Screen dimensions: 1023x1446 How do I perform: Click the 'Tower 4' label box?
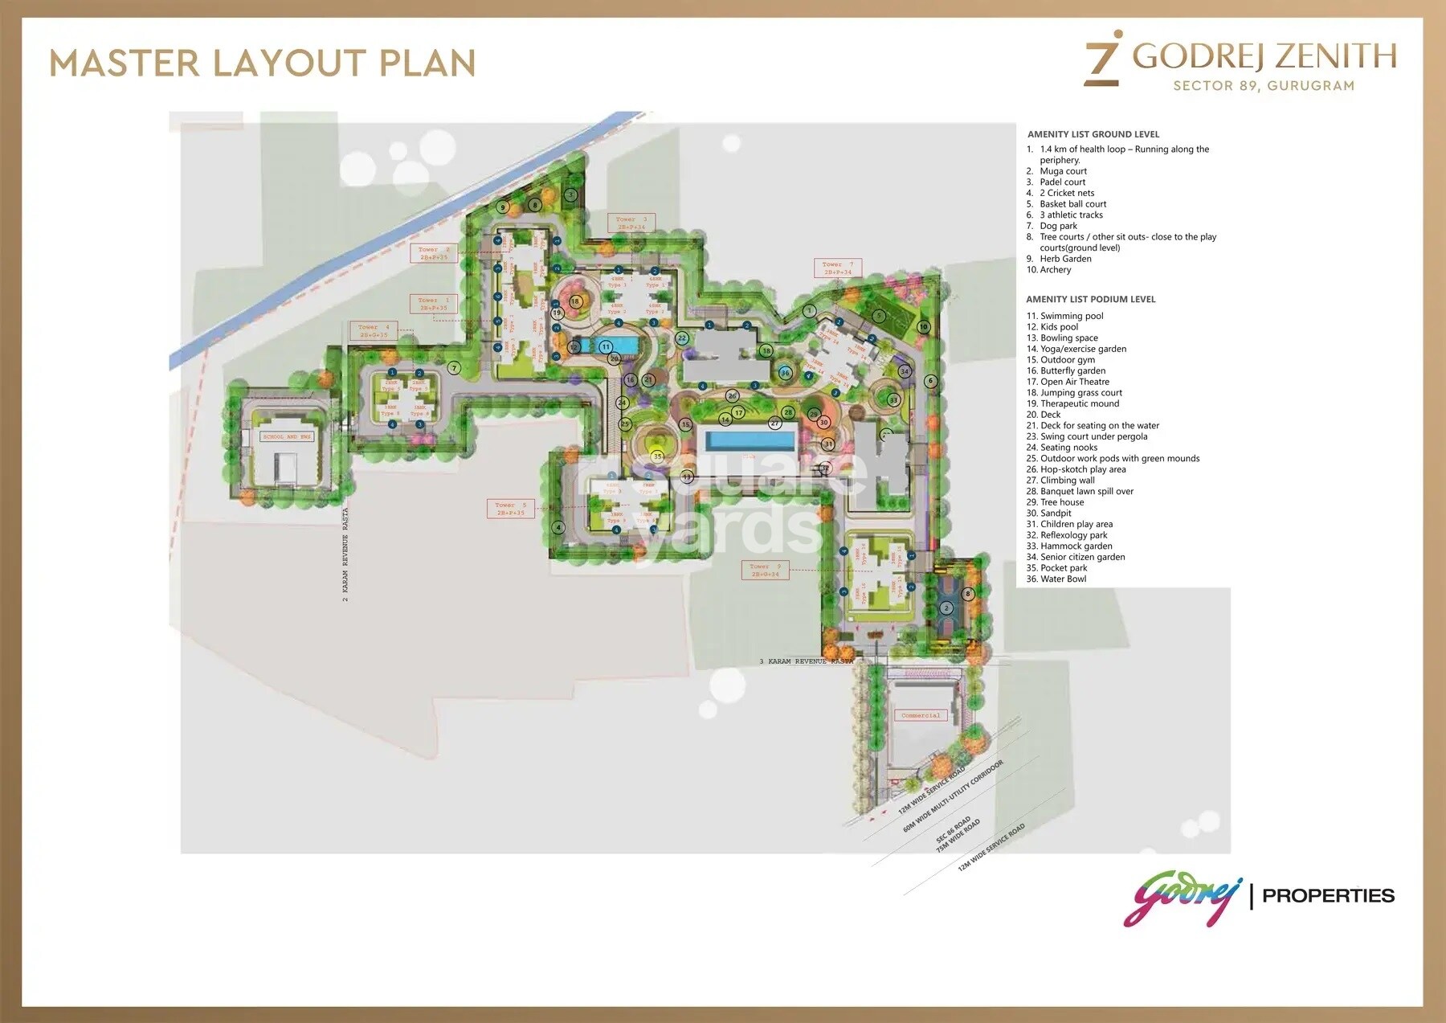[x=374, y=331]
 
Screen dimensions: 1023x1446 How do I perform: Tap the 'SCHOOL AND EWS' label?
[x=287, y=436]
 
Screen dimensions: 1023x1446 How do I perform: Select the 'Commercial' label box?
[x=921, y=715]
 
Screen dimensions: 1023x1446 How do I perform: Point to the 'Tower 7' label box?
[x=838, y=268]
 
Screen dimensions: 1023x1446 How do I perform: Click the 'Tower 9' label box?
[x=765, y=571]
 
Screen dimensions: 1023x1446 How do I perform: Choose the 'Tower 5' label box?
[x=511, y=509]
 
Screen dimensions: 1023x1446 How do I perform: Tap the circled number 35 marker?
[x=658, y=456]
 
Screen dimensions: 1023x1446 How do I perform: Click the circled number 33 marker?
[x=893, y=399]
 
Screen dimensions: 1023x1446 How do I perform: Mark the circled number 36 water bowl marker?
[x=785, y=373]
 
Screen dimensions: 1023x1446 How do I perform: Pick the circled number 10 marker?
[x=924, y=327]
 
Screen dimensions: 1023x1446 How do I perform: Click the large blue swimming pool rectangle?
[x=750, y=441]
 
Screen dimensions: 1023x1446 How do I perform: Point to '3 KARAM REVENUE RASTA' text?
[x=807, y=661]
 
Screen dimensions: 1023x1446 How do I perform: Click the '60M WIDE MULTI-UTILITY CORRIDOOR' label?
[x=954, y=796]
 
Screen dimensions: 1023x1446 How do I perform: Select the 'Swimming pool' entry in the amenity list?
[x=1072, y=316]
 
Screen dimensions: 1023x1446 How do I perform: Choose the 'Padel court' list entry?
[x=1062, y=182]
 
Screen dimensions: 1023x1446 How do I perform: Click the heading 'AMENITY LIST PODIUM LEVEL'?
[x=1090, y=299]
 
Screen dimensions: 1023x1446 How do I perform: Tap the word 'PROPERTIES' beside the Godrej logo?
[x=1328, y=895]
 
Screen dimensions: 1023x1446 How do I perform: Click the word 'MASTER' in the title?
[x=125, y=63]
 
